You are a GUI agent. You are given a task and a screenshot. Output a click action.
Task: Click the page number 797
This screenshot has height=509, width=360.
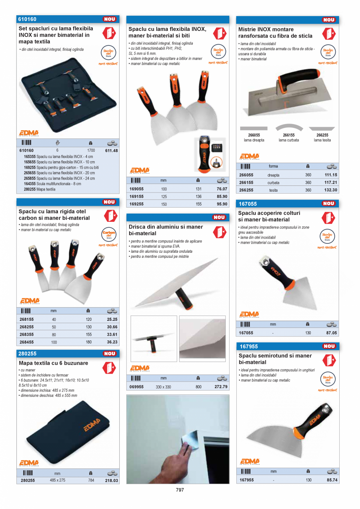(180, 490)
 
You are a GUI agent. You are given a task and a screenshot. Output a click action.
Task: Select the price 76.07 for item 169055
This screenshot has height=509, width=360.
(221, 189)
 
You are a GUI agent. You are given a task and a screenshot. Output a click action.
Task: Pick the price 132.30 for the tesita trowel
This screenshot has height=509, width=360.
(331, 190)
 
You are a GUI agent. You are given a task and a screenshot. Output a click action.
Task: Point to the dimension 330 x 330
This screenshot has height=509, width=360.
(163, 387)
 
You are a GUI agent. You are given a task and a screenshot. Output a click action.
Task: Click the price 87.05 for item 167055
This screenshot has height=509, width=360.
(331, 333)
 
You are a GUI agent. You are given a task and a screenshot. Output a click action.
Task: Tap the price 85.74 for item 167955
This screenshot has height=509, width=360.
(331, 480)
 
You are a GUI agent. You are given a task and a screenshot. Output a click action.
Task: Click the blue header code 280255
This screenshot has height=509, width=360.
(28, 354)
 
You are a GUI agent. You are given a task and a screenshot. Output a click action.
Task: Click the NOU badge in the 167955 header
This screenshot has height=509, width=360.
(329, 346)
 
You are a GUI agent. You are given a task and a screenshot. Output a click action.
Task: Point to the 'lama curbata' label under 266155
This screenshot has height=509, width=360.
(289, 140)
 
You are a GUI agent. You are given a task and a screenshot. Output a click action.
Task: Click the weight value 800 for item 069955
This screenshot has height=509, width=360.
(198, 387)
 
